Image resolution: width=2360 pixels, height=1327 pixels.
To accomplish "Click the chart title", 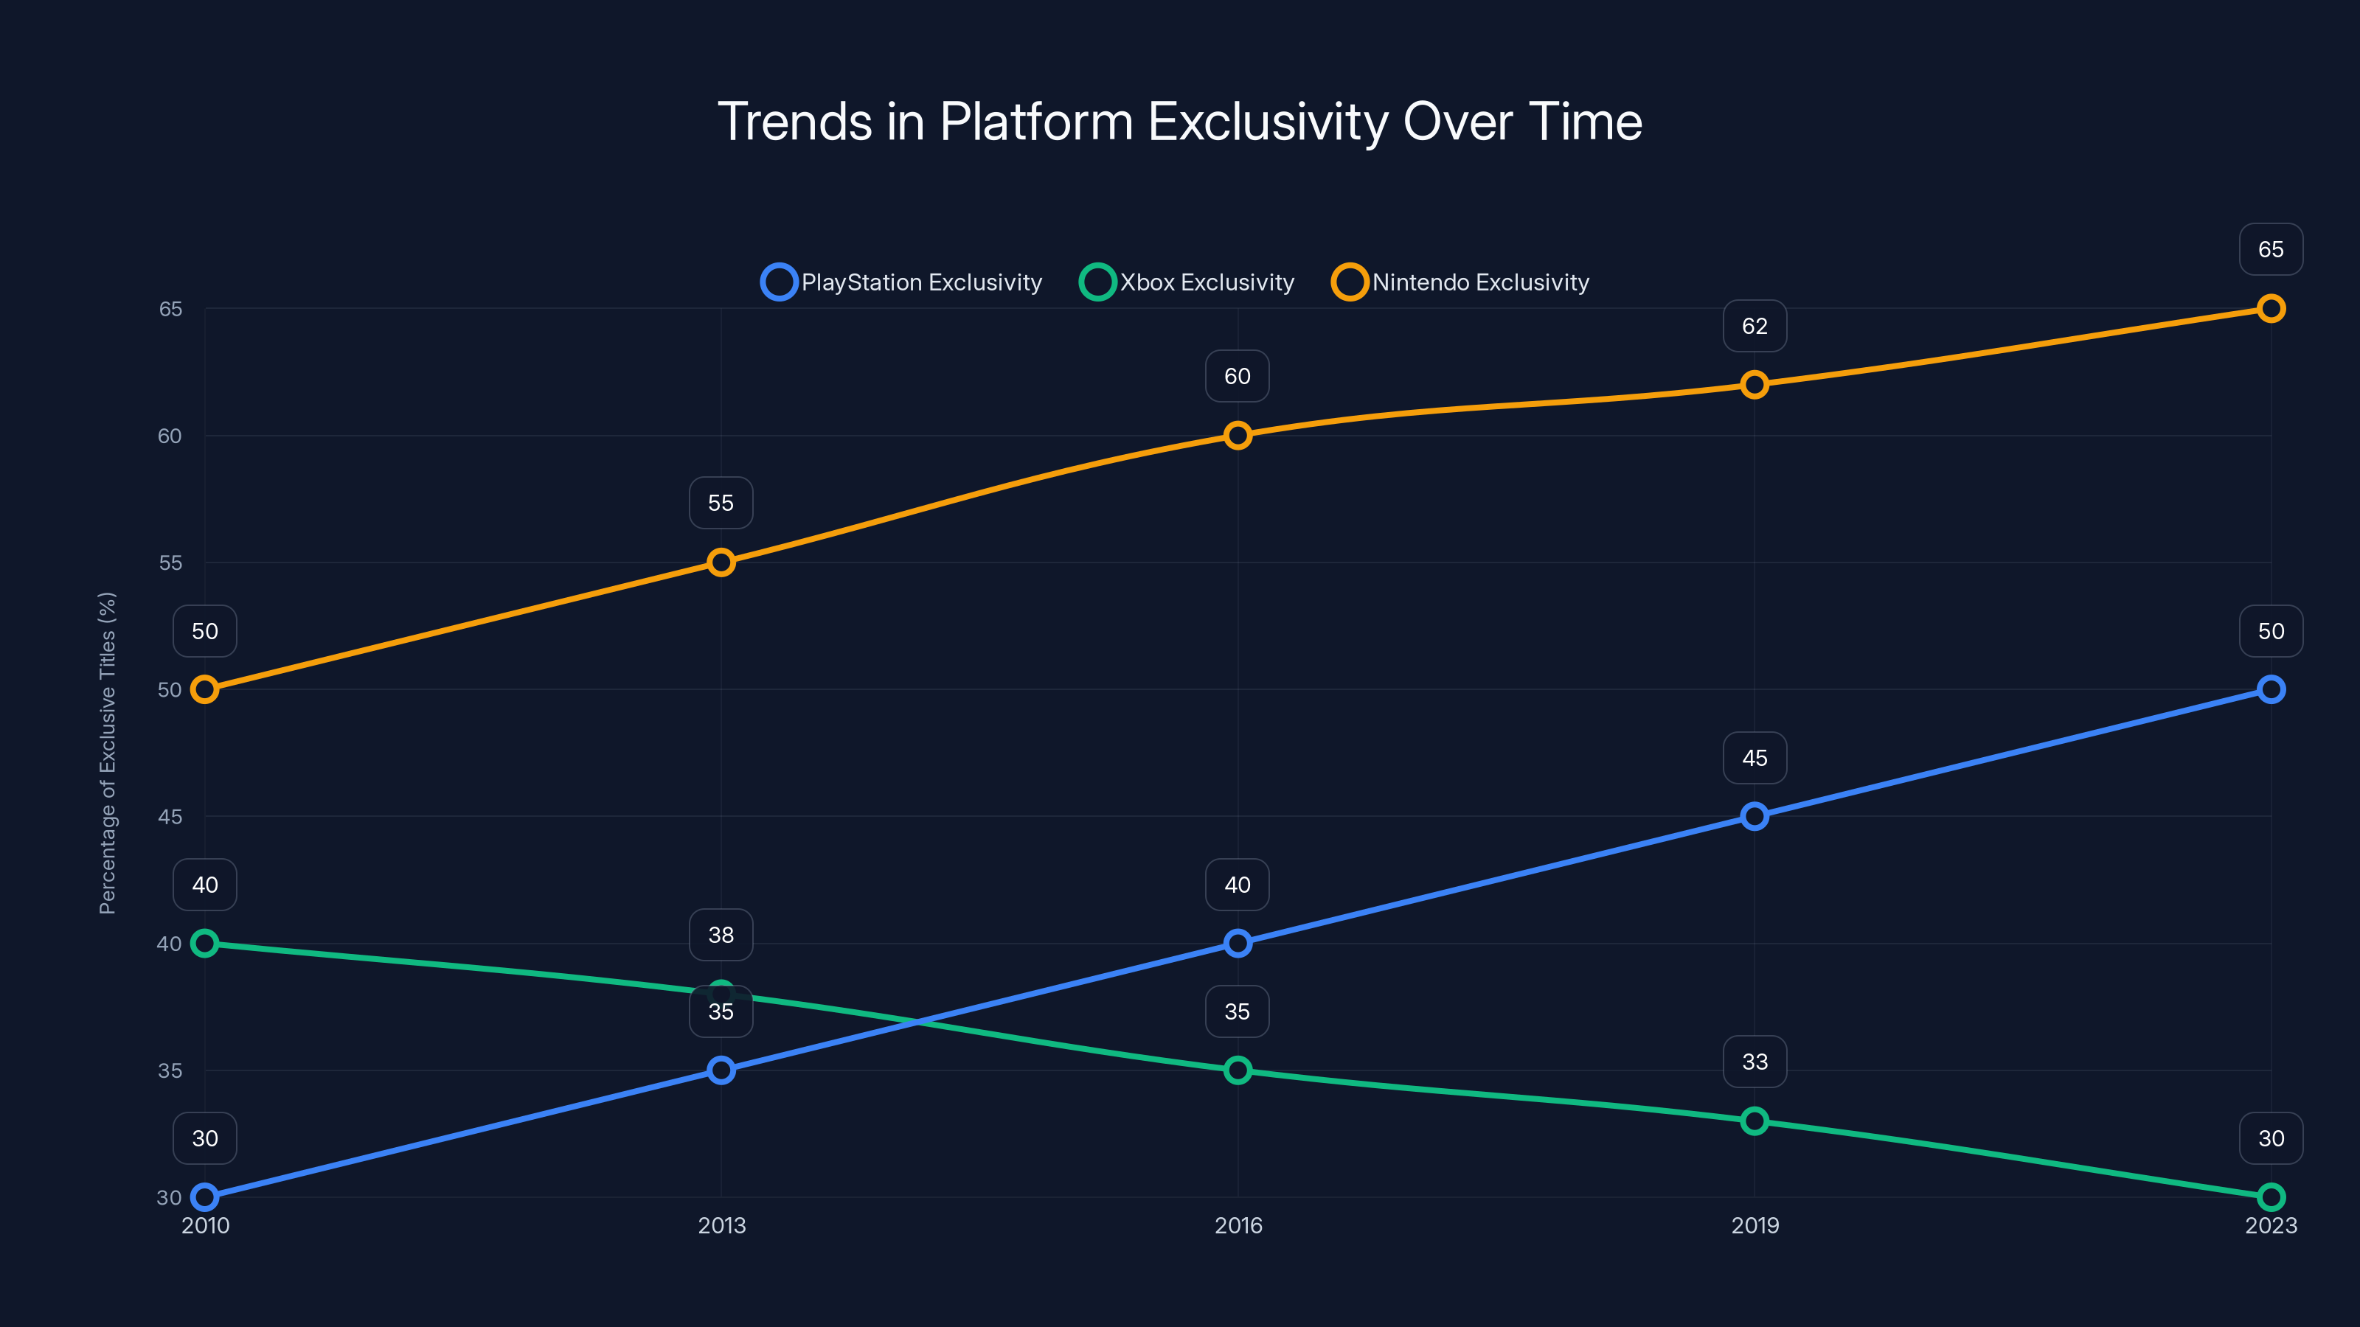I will coord(1179,121).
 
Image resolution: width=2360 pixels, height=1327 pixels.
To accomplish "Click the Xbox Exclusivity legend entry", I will coord(1187,282).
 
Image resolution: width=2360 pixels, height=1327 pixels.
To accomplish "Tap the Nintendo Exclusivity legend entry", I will coord(1460,282).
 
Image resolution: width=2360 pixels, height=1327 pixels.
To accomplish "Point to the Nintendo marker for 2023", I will coord(2270,309).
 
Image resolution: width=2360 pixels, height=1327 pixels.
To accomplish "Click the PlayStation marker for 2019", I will coord(1754,816).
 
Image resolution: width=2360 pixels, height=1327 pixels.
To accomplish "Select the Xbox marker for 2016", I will coord(1238,1070).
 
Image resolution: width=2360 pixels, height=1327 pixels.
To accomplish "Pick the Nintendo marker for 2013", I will coord(721,563).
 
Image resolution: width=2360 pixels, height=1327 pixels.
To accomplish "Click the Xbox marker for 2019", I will coord(1754,1121).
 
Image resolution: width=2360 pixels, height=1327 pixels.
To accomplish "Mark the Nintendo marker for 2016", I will coord(1238,435).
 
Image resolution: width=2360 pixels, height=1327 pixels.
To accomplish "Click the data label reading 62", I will coord(1754,326).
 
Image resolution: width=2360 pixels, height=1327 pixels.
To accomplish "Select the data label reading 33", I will coord(1754,1062).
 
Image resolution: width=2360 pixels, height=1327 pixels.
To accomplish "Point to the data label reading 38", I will coord(721,935).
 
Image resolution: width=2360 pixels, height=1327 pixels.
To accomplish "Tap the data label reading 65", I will coord(2270,249).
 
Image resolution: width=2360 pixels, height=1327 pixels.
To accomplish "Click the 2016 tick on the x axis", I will coord(1238,1225).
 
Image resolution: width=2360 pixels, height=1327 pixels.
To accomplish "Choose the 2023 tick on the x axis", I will coord(2270,1225).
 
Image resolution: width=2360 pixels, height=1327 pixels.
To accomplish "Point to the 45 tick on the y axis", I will coord(170,816).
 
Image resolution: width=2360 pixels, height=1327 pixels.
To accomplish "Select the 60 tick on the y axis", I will coord(170,436).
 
